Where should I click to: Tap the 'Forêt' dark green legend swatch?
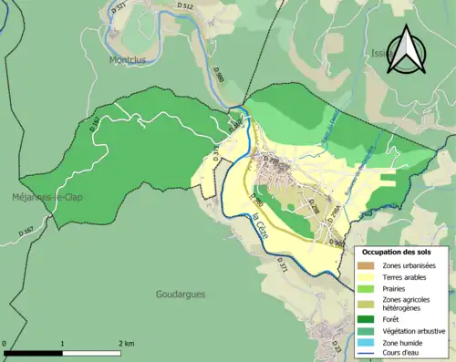(368, 318)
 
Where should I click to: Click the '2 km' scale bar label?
(127, 343)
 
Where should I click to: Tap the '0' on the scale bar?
(5, 343)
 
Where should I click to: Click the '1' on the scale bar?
(62, 343)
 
